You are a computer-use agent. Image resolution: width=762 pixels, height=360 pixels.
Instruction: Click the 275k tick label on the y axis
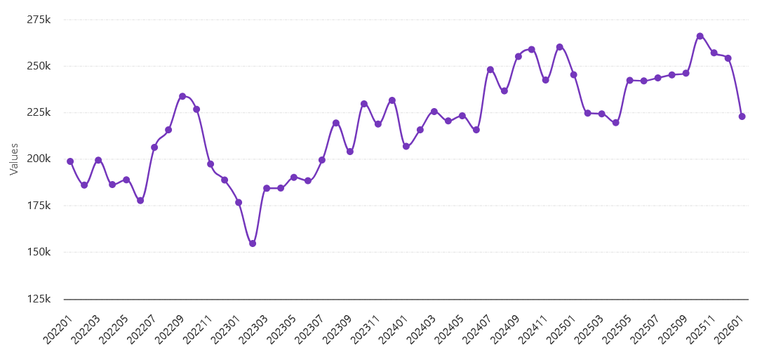point(39,20)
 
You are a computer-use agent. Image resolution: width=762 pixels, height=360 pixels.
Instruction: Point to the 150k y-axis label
point(39,252)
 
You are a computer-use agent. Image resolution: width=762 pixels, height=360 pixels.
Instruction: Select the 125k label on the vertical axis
point(39,299)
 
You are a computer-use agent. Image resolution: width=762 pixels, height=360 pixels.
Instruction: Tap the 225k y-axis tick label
point(39,112)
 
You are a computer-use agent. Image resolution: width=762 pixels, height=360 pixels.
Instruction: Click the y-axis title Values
point(14,159)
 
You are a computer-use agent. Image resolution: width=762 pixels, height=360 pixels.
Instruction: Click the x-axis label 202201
point(58,330)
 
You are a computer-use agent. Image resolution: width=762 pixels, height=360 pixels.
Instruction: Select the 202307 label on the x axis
point(309,330)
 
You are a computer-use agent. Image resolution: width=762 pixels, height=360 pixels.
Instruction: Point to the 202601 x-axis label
point(729,330)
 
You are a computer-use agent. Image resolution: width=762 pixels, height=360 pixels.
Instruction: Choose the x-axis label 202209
point(170,330)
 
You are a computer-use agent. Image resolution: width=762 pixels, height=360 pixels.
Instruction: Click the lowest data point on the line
point(253,244)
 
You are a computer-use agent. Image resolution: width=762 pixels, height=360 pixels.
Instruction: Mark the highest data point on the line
point(700,36)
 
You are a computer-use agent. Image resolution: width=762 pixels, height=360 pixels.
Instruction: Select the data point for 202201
point(70,161)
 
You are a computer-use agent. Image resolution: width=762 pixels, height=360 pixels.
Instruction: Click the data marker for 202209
point(182,96)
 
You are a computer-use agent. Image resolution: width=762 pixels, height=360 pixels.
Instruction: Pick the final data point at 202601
point(742,116)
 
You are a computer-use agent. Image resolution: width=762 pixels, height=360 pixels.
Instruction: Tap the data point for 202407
point(490,69)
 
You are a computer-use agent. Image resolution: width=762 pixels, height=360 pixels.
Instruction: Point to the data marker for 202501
point(574,74)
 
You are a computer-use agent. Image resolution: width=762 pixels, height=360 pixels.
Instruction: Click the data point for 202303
point(267,188)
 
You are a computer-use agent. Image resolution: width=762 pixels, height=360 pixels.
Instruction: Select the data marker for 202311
point(378,124)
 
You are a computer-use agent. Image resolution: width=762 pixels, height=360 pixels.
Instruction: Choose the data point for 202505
point(630,80)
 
